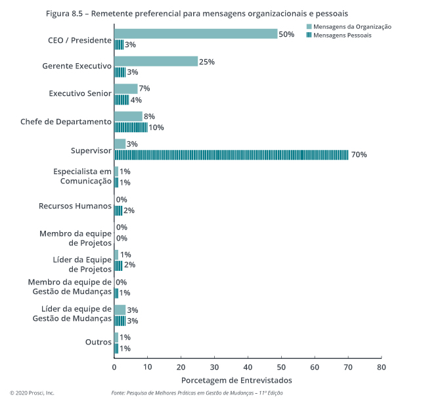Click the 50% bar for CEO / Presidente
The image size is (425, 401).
click(196, 34)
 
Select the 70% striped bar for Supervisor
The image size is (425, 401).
click(231, 154)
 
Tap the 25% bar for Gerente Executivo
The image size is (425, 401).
click(156, 62)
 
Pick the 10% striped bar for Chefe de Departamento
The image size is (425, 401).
click(131, 127)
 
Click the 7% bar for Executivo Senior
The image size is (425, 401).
click(125, 89)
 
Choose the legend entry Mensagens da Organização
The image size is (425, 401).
click(349, 26)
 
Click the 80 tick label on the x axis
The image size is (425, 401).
click(381, 367)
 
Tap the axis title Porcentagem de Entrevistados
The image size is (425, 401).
click(236, 381)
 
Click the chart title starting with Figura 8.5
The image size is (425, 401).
click(197, 12)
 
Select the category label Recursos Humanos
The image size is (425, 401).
click(76, 205)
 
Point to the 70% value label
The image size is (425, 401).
click(359, 155)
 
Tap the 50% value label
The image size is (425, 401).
click(286, 34)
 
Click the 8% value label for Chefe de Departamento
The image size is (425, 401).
click(149, 116)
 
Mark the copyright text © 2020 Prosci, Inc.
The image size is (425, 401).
click(32, 392)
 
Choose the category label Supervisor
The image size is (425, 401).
click(91, 151)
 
